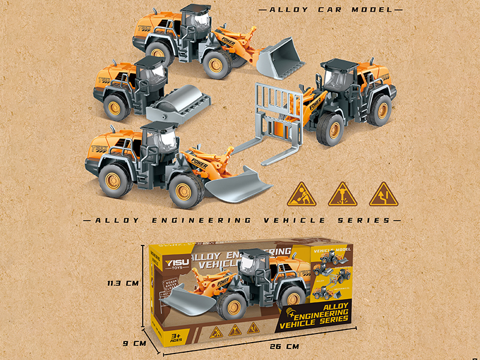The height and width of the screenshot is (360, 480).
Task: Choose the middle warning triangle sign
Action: [x=342, y=194]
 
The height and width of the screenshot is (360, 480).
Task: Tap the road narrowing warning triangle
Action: [x=383, y=194]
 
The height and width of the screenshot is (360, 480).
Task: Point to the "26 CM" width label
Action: [x=284, y=347]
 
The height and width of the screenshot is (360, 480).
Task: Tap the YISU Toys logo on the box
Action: [x=170, y=264]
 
